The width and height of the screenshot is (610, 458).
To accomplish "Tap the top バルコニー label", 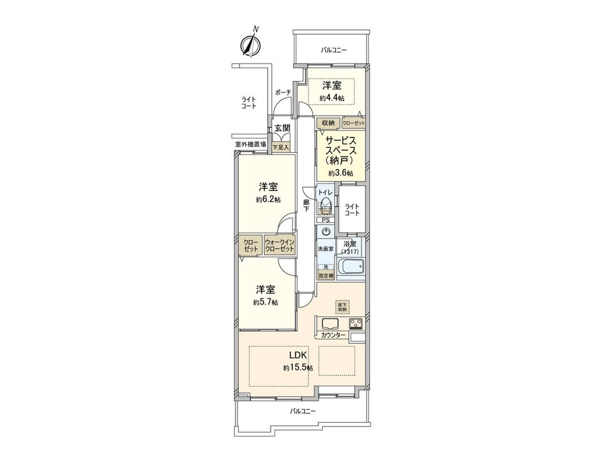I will coord(334,50).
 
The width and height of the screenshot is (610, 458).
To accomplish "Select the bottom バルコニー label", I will coord(303,411).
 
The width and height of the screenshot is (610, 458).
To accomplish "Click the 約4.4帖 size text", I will coord(332,98).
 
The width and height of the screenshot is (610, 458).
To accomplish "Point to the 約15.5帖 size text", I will coord(298,368).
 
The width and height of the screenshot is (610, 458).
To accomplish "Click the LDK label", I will coord(298,356).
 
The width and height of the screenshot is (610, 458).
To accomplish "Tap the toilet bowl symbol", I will coord(325,205).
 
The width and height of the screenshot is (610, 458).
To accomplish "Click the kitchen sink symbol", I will coord(329,324).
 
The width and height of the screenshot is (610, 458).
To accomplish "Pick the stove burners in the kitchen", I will coord(356,323).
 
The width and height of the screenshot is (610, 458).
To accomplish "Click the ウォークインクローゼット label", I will coord(280,246).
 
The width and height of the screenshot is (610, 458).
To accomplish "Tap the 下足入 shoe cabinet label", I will coord(280,148).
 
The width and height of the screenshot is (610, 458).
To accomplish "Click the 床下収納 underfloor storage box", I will coord(342,306).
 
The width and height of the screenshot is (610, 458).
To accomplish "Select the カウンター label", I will coord(333,335).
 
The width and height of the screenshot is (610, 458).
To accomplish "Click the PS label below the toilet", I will coord(325,220).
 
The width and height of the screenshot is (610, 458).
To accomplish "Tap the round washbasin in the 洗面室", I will coord(325,231).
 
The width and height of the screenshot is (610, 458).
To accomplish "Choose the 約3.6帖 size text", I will coord(341,173).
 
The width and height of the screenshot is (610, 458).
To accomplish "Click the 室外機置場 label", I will coord(251,144).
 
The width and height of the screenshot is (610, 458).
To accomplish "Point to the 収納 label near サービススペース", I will coord(328,123).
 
